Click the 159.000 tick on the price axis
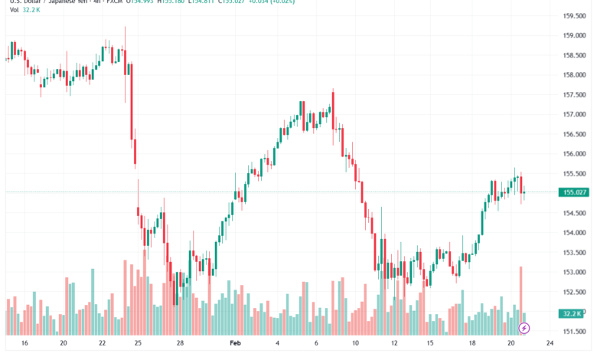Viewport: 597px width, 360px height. click(x=574, y=35)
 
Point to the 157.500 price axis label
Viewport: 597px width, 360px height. click(x=574, y=94)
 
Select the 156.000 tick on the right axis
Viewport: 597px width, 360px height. click(x=574, y=153)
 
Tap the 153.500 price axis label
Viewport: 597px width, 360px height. click(x=574, y=252)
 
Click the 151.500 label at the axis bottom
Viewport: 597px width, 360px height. click(x=574, y=331)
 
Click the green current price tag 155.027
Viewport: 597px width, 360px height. click(x=574, y=192)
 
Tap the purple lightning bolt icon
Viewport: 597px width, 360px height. click(x=524, y=328)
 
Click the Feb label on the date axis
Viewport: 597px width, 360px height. click(x=236, y=345)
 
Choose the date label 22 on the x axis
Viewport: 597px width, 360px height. click(x=102, y=345)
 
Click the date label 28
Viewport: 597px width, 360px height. click(x=180, y=345)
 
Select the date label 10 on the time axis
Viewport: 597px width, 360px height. click(x=355, y=345)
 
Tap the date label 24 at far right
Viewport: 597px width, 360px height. click(x=549, y=345)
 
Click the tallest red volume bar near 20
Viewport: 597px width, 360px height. click(x=520, y=300)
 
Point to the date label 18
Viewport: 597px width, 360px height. click(x=472, y=345)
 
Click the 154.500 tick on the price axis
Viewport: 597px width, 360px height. click(x=574, y=212)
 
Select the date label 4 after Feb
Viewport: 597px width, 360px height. click(x=277, y=345)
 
